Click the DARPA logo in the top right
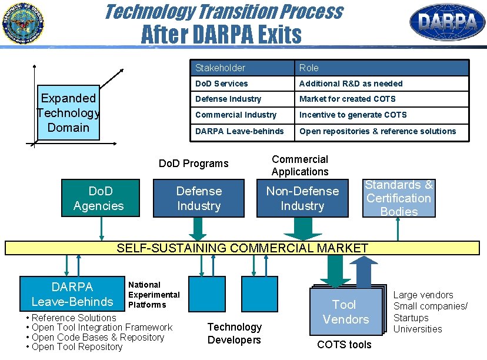[x=447, y=22]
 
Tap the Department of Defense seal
[x=22, y=23]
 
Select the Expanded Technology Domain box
[x=68, y=114]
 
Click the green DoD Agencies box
[x=98, y=198]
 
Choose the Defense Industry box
[x=199, y=198]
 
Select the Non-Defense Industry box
[x=302, y=198]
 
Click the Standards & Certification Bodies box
[x=399, y=198]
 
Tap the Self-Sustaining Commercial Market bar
[x=242, y=248]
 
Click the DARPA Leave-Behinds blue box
[x=72, y=294]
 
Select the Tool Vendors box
[x=346, y=312]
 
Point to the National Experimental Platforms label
[x=154, y=295]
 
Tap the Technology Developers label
[x=234, y=334]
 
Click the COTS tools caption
[x=344, y=345]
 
